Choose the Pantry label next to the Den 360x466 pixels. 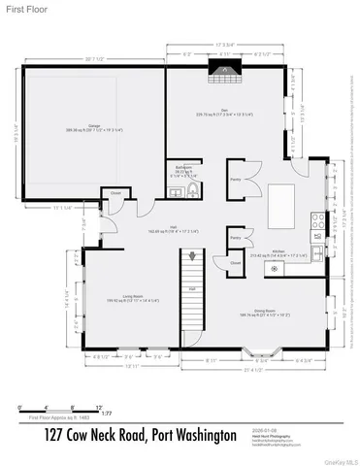click(x=235, y=180)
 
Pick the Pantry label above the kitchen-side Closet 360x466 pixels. click(x=235, y=237)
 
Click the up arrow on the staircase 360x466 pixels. click(x=192, y=255)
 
